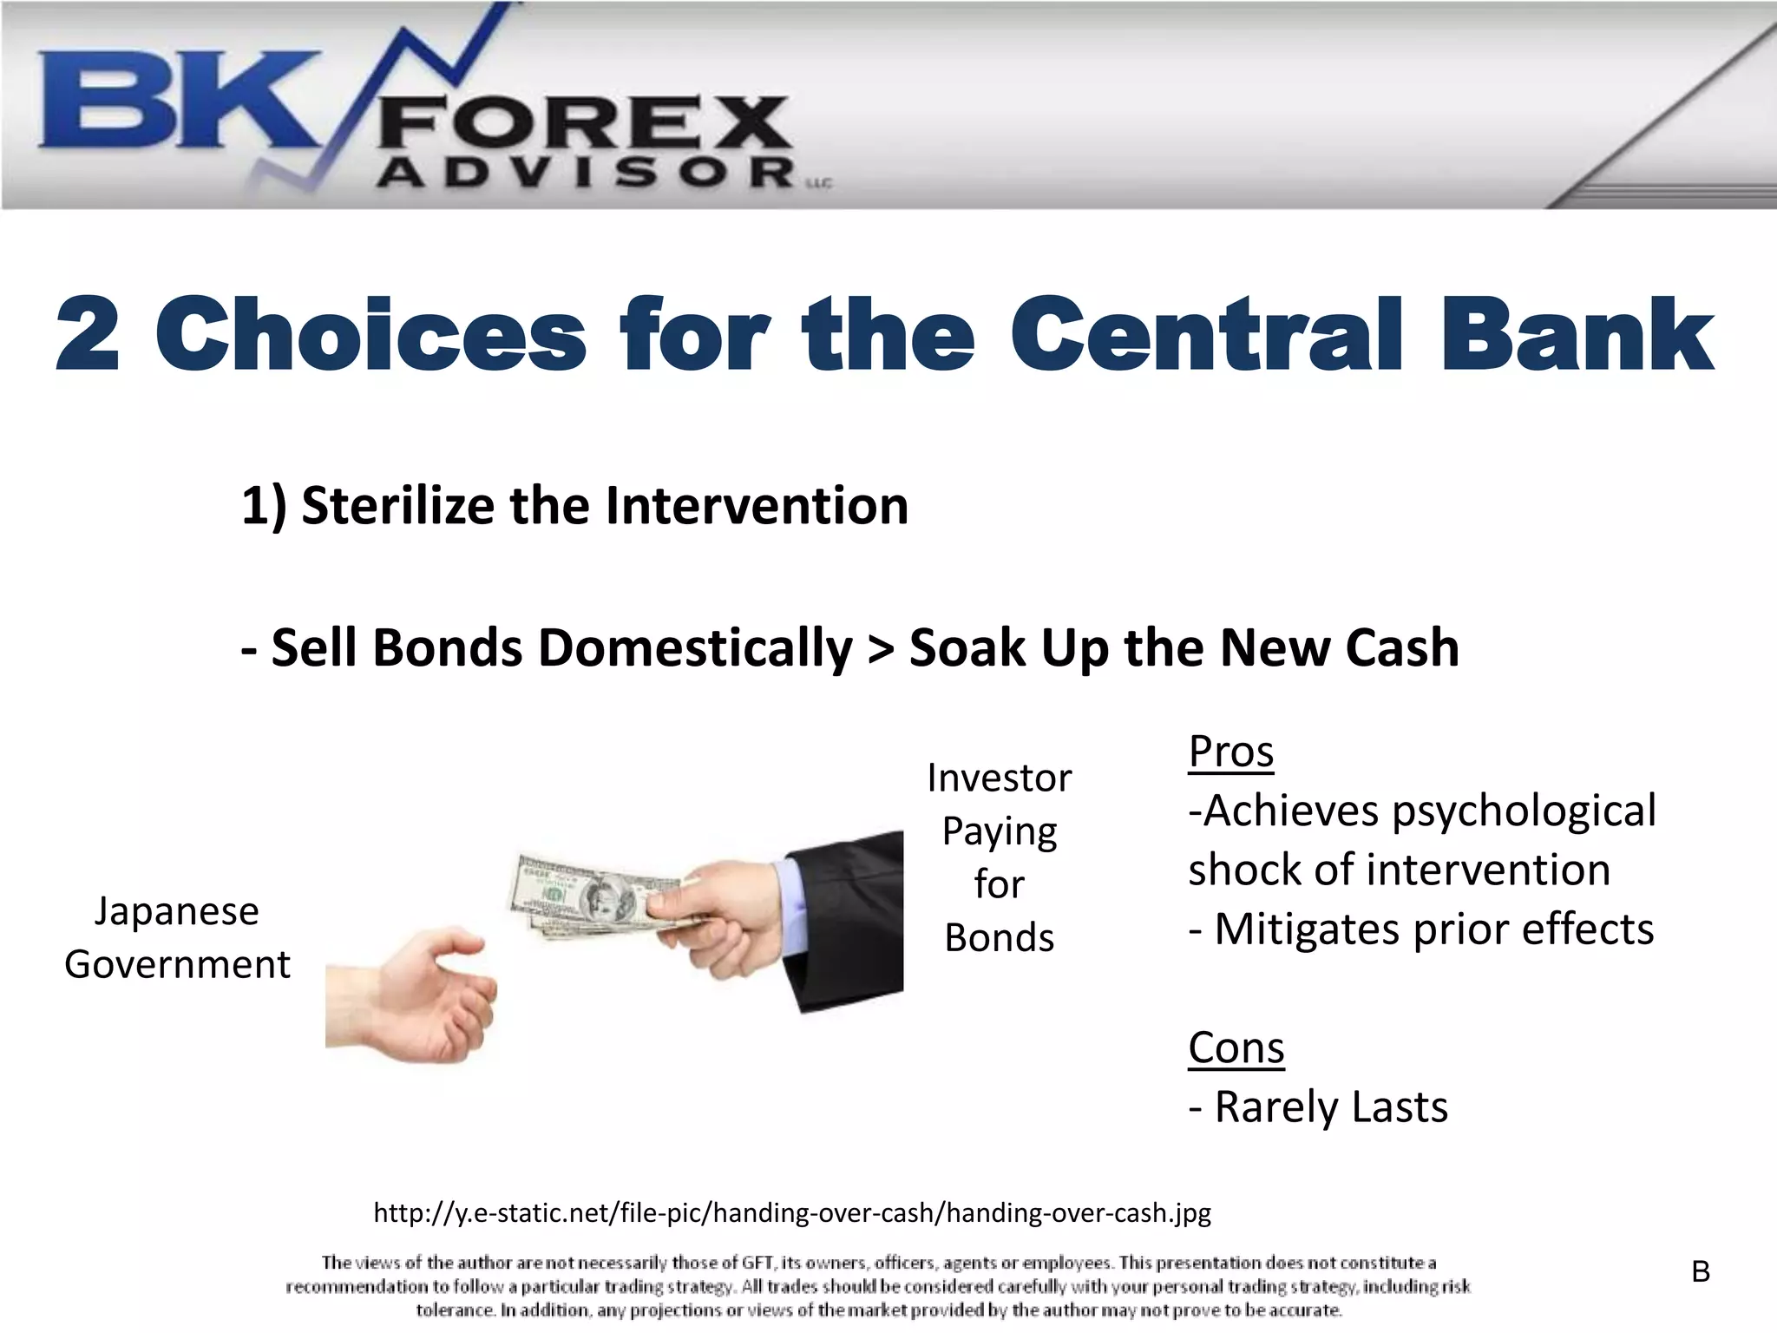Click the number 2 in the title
tap(87, 334)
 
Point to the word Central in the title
tap(1206, 334)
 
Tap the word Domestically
tap(695, 647)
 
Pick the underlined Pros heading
tap(1230, 751)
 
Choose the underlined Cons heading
tap(1236, 1047)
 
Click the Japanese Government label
tap(177, 937)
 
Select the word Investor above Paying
tap(999, 778)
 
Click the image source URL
tap(791, 1212)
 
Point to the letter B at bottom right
tap(1701, 1272)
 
